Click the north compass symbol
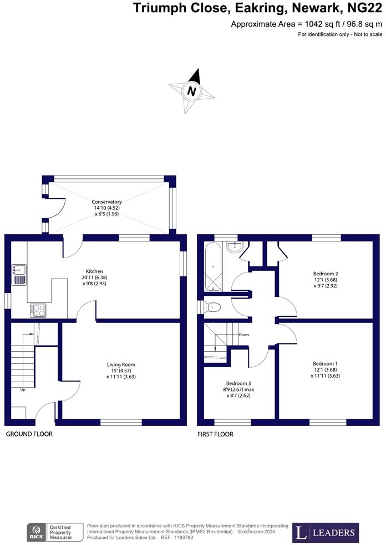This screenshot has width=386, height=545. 192,91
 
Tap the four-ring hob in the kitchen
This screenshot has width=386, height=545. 38,310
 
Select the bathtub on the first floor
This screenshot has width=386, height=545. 214,269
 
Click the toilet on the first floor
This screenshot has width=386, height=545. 214,307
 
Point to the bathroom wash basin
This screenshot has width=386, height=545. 235,247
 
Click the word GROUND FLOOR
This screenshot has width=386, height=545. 29,434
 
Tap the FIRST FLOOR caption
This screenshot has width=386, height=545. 215,434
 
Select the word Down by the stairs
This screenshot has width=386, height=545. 243,335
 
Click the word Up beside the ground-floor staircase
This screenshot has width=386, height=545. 23,389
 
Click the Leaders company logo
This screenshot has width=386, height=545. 326,533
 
